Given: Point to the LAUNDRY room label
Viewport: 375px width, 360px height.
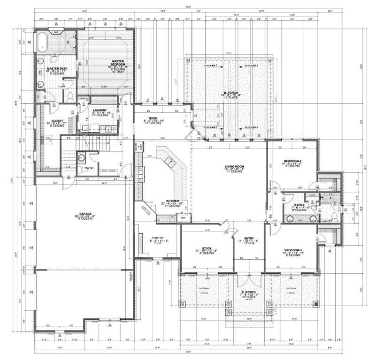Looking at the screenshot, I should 100,110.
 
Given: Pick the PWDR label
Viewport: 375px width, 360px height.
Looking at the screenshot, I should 89,168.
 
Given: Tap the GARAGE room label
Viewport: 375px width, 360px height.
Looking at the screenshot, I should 85,214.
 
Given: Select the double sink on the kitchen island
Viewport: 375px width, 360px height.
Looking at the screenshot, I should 169,163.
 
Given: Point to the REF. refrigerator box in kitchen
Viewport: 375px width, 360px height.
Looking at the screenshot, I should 183,217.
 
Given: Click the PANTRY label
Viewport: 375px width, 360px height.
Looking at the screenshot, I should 157,238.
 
